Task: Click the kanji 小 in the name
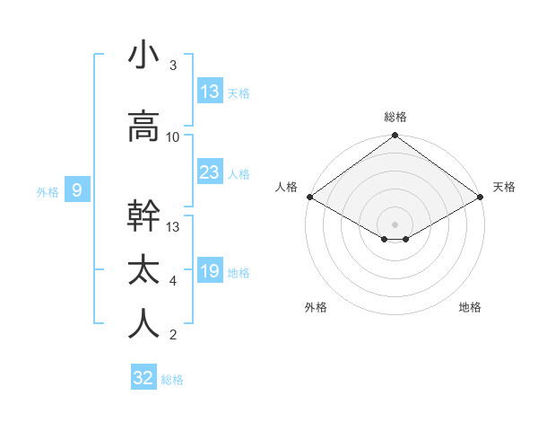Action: coord(143,56)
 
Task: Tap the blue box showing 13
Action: coord(209,92)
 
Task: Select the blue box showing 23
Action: coord(209,172)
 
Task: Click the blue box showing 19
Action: coord(209,271)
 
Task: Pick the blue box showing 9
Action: coord(78,189)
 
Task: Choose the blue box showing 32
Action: coord(143,378)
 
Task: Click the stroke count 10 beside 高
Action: coord(173,137)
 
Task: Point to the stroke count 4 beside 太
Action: coord(173,281)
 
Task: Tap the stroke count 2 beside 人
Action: coord(173,335)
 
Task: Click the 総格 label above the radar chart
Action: coord(395,117)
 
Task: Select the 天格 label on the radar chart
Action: coord(504,187)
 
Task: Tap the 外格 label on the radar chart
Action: coord(316,307)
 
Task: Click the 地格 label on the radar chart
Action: coord(470,307)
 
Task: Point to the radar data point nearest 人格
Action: coord(309,197)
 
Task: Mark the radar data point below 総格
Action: coord(395,136)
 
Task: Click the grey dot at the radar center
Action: coord(395,223)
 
